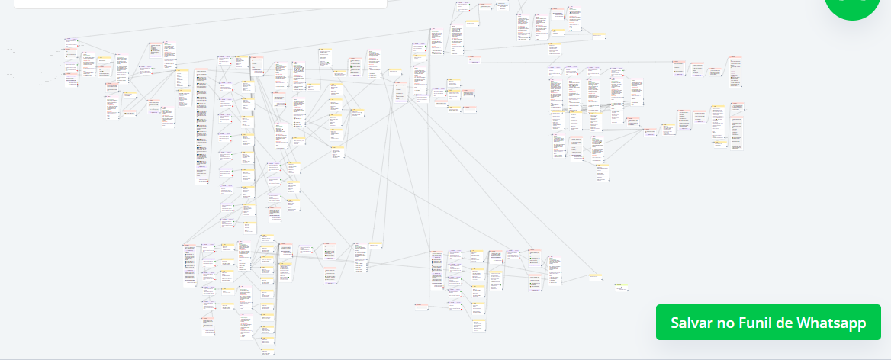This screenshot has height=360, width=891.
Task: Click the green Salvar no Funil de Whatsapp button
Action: pos(768,323)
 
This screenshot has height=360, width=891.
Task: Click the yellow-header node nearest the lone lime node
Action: pos(594,277)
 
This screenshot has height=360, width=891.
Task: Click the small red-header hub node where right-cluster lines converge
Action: pos(650,131)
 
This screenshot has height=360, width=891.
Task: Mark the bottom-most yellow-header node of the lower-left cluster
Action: pos(266,341)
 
